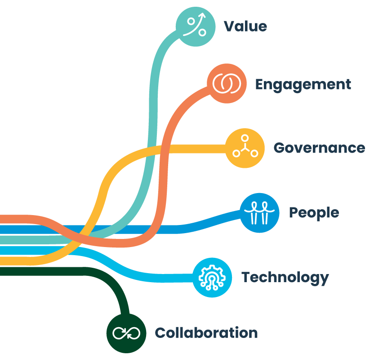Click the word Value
click(245, 26)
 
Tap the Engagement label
click(303, 84)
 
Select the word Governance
click(319, 148)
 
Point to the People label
click(314, 212)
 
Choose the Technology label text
click(285, 277)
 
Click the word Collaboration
click(206, 333)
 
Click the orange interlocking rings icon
click(227, 84)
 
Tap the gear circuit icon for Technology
click(212, 277)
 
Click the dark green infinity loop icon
click(126, 333)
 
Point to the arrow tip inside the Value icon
click(203, 17)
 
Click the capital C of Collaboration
click(160, 333)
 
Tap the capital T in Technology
click(246, 277)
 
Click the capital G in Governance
click(280, 148)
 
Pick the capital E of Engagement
click(260, 84)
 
